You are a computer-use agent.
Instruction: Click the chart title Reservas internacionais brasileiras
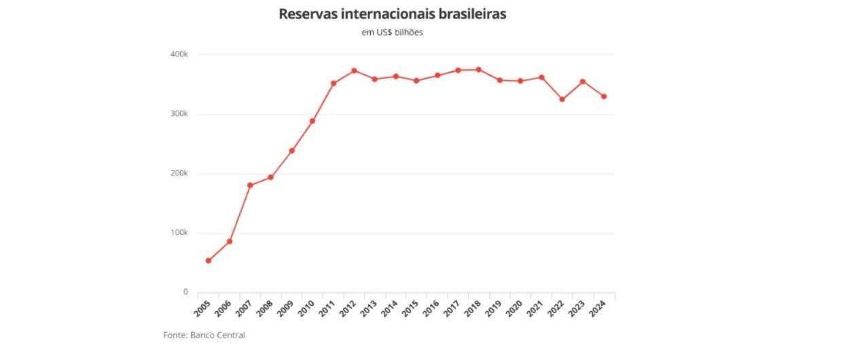[392, 14]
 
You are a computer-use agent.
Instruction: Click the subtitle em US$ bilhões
[392, 32]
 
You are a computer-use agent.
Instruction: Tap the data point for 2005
[209, 261]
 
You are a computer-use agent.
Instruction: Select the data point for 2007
[250, 185]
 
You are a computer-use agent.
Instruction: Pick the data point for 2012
[354, 71]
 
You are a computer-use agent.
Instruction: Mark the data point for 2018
[479, 69]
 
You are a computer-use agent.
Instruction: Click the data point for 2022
[562, 99]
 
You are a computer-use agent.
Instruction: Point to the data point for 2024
[604, 96]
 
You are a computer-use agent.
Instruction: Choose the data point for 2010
[312, 121]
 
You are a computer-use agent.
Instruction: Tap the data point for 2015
[416, 81]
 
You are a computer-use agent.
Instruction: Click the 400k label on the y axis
[179, 54]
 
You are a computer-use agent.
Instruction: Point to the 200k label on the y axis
[179, 173]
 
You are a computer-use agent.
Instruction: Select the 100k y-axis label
[179, 233]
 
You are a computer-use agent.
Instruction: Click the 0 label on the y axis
[185, 292]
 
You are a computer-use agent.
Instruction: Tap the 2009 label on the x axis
[285, 310]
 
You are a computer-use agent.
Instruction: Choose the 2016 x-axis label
[431, 310]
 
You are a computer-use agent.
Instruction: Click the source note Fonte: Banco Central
[204, 336]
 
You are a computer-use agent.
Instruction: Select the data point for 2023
[583, 82]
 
